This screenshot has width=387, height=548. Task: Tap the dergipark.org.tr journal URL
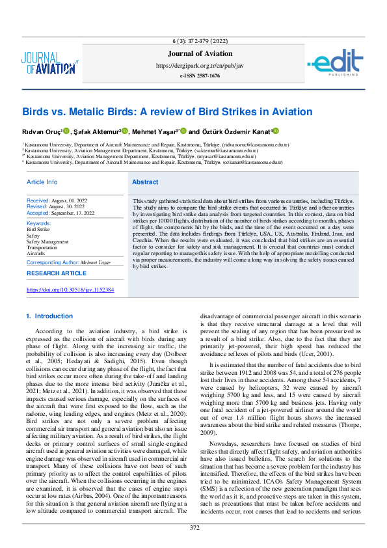[x=200, y=66]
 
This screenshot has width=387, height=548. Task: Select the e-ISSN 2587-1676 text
[x=200, y=75]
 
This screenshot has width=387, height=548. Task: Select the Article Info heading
[x=42, y=182]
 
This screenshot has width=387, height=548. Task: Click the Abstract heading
[x=145, y=182]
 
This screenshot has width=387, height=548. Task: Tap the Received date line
[x=57, y=200]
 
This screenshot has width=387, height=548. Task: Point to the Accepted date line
[x=60, y=213]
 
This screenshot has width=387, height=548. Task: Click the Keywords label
[x=40, y=223]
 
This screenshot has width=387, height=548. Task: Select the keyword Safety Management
[x=47, y=241]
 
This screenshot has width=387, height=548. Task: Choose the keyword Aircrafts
[x=36, y=253]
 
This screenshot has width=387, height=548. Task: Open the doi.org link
[x=70, y=289]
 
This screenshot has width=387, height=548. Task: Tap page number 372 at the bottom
[x=194, y=527]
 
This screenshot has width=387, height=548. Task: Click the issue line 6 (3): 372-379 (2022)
[x=200, y=42]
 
